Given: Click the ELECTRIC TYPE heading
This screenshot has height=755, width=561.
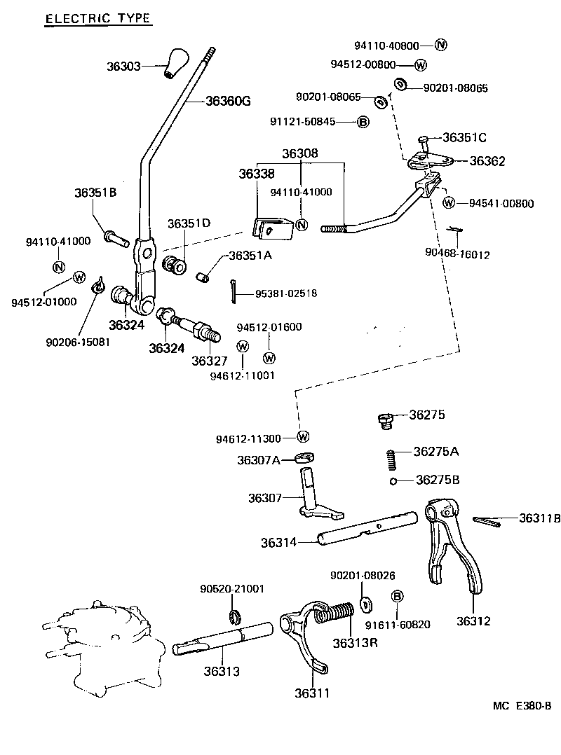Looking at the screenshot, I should coord(97,19).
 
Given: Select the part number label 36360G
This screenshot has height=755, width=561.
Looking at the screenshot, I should coord(227,101).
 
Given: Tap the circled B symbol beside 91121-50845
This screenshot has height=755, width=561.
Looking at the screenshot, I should coord(363,122).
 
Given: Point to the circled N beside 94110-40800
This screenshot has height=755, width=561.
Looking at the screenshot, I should coord(440,46).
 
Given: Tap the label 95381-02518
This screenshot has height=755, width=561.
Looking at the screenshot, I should coord(285,293).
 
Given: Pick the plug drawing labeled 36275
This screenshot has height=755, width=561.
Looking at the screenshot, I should coord(383,420).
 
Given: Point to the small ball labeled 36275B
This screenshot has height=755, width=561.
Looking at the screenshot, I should coord(396,481).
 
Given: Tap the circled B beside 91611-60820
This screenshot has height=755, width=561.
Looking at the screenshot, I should coord(396,596).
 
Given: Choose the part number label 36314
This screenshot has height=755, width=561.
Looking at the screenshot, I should coord(279,542).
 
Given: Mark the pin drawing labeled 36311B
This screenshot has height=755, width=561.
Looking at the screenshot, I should coord(487,520).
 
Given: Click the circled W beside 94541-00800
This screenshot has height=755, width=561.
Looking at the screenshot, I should coord(450,203).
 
